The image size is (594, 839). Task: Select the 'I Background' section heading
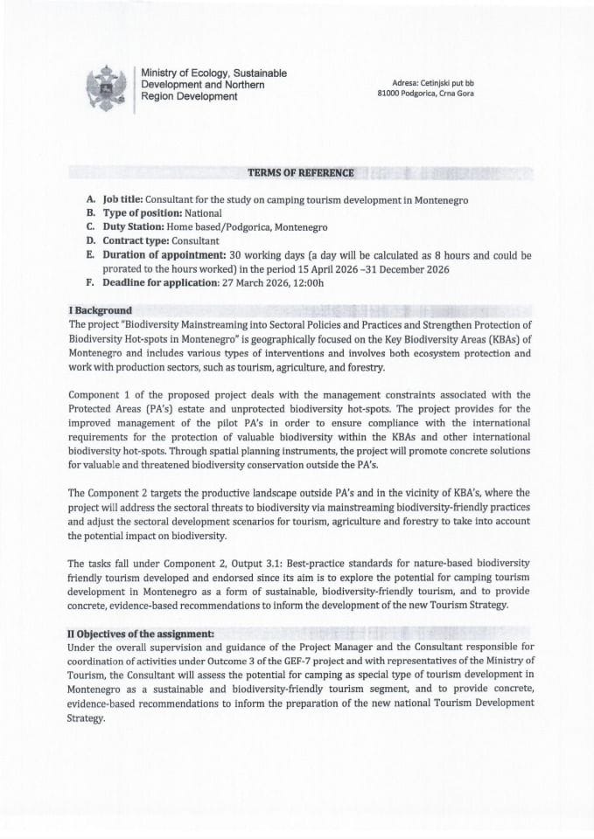pos(100,310)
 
